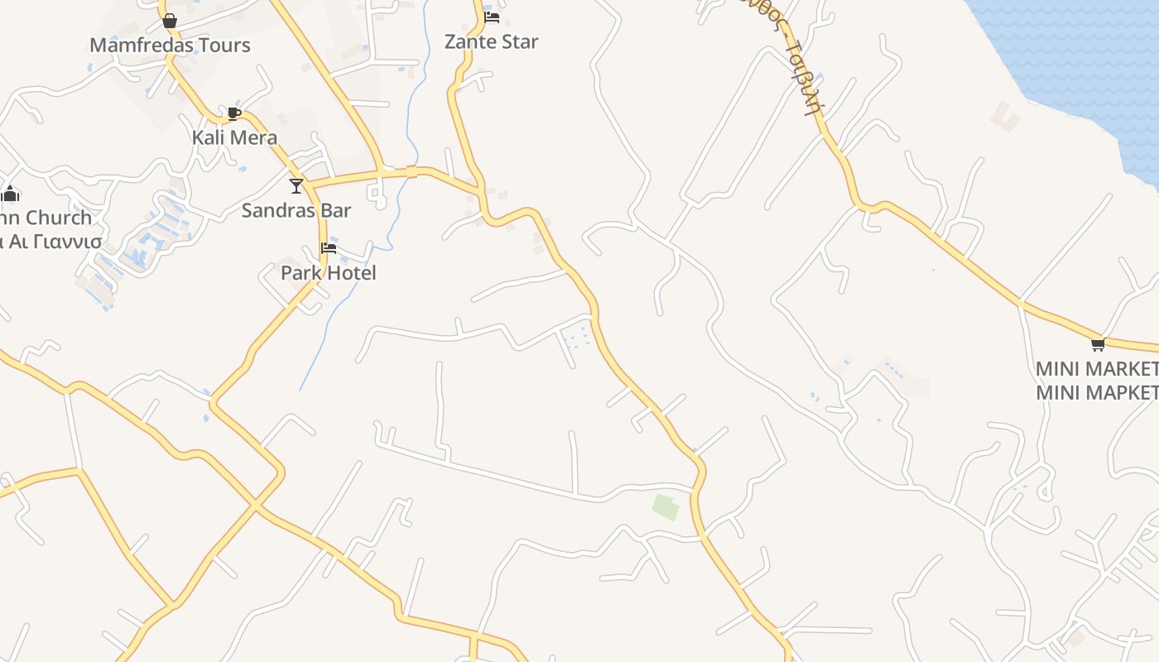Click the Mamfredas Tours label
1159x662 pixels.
(170, 45)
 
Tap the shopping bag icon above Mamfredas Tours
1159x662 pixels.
(170, 21)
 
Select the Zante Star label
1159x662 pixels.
(491, 41)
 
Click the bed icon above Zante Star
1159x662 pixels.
(492, 17)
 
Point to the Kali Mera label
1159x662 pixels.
(234, 137)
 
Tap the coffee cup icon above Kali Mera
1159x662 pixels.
(234, 113)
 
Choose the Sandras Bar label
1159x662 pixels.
(296, 210)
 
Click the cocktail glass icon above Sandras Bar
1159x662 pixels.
(296, 186)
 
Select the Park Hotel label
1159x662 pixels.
(328, 272)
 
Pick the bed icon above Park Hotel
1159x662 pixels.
(329, 248)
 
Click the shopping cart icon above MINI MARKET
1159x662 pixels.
(1098, 344)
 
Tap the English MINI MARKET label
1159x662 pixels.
(1097, 367)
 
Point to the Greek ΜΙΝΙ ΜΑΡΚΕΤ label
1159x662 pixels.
(1097, 391)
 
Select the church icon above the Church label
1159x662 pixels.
(10, 194)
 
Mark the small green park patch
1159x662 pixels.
(666, 507)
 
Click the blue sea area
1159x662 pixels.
(1084, 58)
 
